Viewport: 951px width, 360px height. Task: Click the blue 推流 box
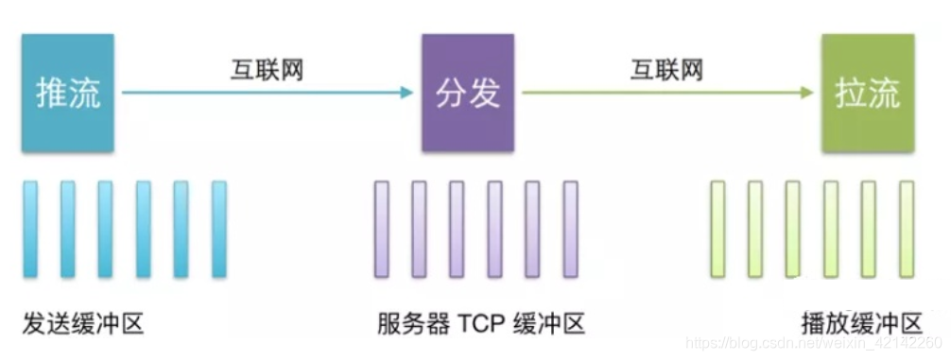67,93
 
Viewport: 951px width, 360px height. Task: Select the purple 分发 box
467,93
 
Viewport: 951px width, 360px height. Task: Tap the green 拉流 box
867,93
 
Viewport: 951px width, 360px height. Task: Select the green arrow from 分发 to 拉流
667,93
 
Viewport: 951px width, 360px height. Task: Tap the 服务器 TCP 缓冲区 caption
480,324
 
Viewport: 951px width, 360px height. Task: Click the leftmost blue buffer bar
30,229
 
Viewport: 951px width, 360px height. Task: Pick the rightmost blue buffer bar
219,229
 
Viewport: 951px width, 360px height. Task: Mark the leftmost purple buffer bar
382,229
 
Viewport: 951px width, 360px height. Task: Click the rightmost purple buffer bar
570,229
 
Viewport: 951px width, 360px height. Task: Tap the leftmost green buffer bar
718,229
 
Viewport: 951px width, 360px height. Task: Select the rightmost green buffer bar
907,229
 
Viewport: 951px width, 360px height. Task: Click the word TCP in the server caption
481,324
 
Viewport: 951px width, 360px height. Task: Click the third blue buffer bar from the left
106,229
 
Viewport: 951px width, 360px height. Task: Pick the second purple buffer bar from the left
419,229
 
